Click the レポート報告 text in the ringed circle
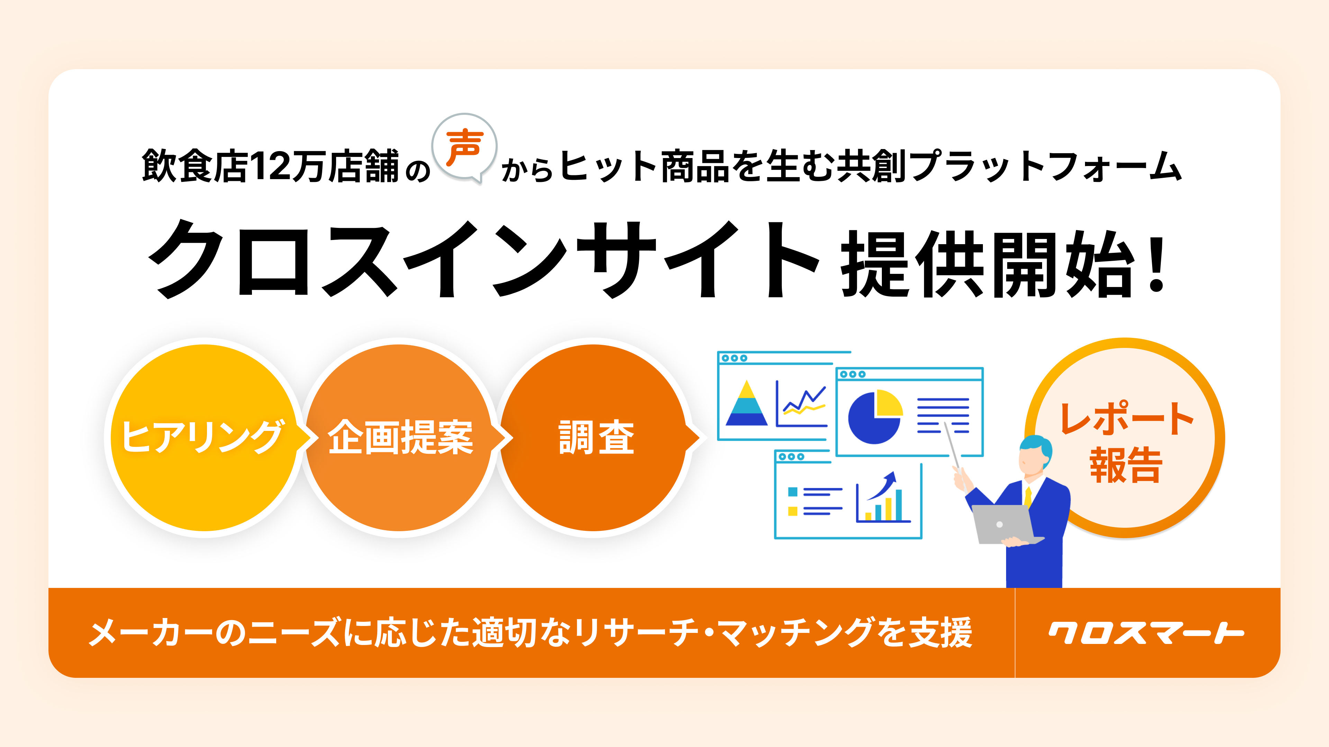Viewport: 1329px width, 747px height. click(x=1126, y=442)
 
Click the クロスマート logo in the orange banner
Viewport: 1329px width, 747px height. click(x=1146, y=633)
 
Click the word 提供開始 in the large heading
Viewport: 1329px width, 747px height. click(x=988, y=264)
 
